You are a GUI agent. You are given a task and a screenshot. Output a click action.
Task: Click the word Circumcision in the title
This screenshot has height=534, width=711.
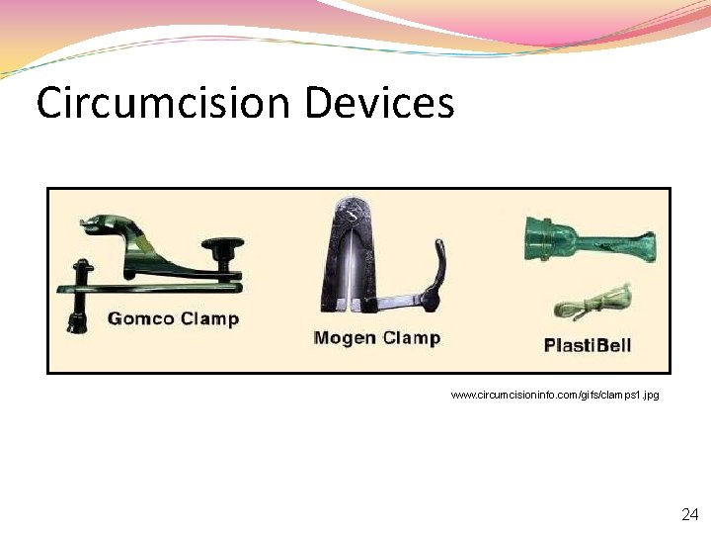(x=164, y=103)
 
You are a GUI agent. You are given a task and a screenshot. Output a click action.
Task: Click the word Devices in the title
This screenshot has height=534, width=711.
(x=379, y=103)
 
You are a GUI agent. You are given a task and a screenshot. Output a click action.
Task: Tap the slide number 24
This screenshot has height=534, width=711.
(x=689, y=514)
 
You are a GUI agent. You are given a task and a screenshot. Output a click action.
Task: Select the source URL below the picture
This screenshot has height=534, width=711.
(x=554, y=395)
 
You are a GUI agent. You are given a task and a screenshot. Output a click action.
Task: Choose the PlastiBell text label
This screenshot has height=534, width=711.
(x=587, y=345)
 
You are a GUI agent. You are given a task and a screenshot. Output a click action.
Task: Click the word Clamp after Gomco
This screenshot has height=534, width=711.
(x=210, y=319)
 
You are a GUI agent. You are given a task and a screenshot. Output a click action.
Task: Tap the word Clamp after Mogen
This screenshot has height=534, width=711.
(x=410, y=338)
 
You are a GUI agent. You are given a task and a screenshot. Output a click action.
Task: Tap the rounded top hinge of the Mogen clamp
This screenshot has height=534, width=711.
(x=351, y=211)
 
